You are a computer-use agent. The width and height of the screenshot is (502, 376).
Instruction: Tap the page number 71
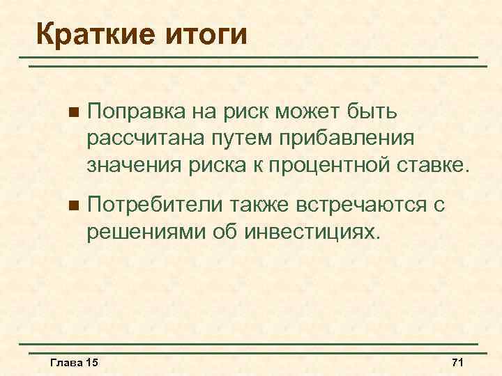[458, 363]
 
